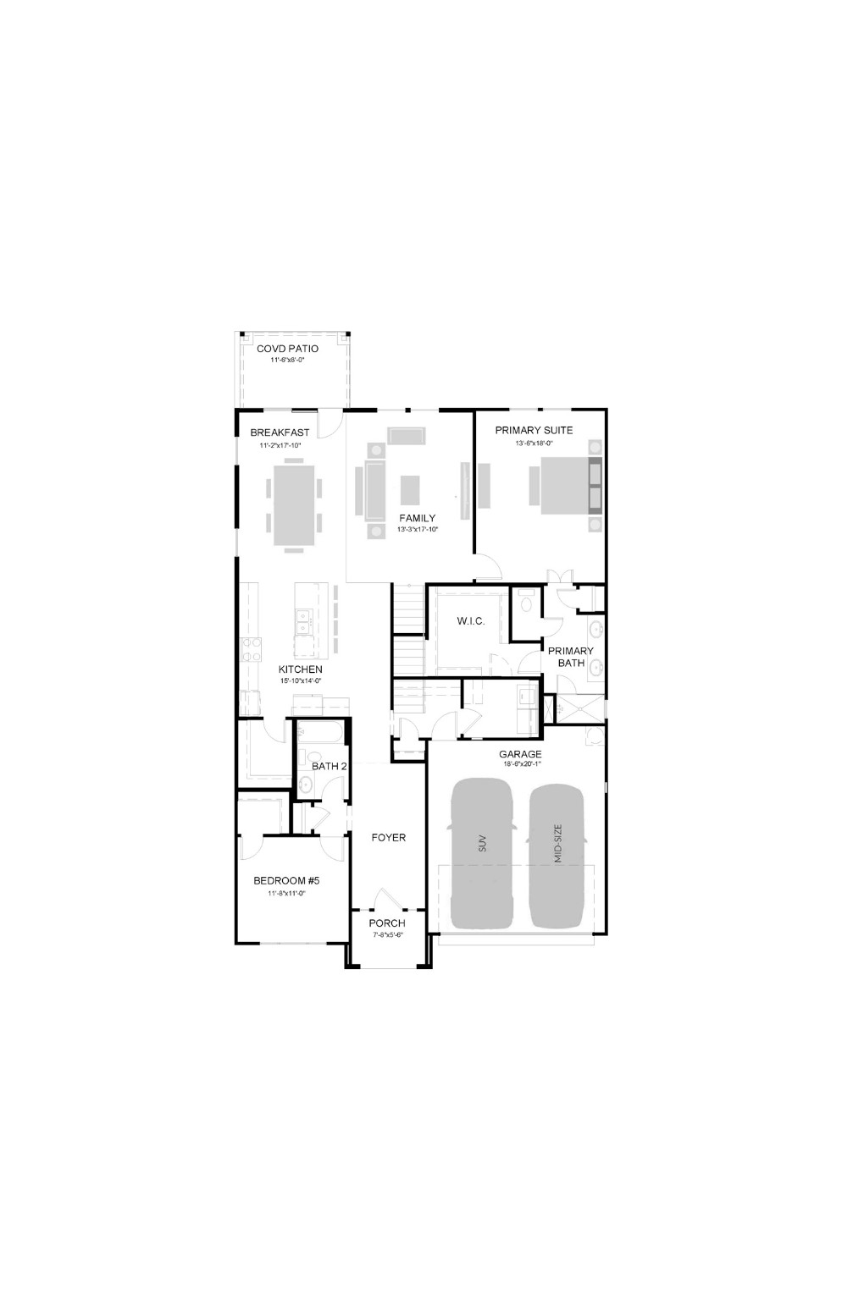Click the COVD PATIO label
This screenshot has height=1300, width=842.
tap(287, 349)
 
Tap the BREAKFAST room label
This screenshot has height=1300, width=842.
tap(280, 432)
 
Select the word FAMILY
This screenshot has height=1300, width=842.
tap(417, 518)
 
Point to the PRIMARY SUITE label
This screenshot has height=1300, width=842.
tap(534, 430)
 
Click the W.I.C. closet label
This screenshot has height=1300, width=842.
tap(471, 621)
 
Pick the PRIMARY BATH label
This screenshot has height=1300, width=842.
tap(570, 657)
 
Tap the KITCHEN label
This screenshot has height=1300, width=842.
tap(301, 669)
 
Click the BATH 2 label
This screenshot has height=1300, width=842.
tap(329, 766)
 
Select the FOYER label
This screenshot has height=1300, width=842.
tap(389, 837)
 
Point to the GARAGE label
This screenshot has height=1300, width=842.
tap(520, 754)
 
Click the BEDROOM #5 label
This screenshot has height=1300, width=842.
tap(286, 881)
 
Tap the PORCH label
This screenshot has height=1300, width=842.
tap(387, 923)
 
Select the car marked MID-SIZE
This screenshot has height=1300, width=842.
tap(557, 855)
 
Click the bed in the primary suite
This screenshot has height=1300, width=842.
tap(565, 485)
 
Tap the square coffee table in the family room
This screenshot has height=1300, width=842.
tap(410, 488)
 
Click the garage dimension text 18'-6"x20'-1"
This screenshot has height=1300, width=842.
tap(521, 764)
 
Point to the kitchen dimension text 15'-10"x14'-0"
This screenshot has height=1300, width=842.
tap(301, 680)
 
